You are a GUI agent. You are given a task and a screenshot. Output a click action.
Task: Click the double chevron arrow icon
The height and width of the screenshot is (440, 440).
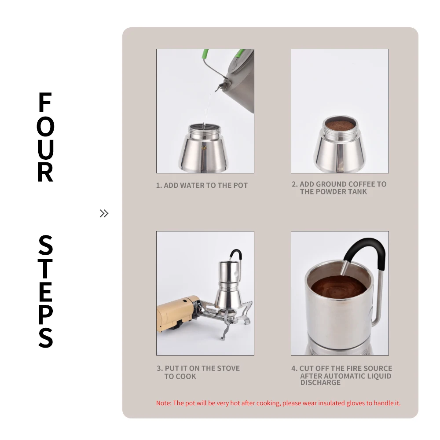104,213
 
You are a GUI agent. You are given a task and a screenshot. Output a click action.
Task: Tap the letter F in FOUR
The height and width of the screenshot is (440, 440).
45,103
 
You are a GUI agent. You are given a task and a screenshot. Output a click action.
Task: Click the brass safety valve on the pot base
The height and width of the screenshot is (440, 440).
204,148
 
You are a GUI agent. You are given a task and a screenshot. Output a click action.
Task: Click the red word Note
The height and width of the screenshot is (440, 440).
163,403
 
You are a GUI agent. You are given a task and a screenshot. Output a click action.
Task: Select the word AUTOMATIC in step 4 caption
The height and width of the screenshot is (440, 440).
346,376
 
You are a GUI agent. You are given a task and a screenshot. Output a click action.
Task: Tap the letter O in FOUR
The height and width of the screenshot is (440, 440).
45,127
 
